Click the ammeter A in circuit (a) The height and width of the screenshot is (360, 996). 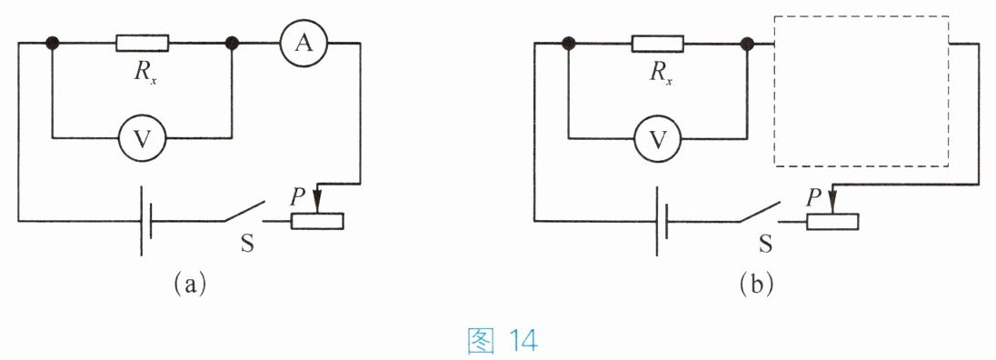[x=304, y=43]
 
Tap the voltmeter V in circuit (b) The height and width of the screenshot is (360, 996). [x=659, y=138]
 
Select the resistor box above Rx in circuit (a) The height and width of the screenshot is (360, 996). [x=143, y=43]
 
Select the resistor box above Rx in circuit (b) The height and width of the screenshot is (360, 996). [x=658, y=43]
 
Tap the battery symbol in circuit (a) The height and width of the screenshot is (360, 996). [x=146, y=221]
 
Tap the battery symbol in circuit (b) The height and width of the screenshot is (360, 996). [x=662, y=221]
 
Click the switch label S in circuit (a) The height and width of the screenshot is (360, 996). [x=246, y=243]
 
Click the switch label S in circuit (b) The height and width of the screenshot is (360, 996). [x=765, y=243]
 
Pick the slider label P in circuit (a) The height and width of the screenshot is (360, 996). [x=297, y=197]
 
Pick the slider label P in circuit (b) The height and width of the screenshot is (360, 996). [x=813, y=197]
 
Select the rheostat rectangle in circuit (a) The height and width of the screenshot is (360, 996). [x=317, y=221]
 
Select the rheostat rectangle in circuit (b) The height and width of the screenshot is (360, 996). [x=832, y=221]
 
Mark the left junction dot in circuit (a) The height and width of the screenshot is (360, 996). [x=52, y=43]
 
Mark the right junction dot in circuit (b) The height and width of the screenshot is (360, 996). [x=748, y=43]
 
